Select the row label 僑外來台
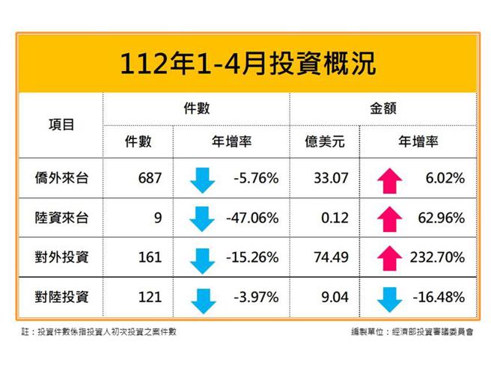[61, 178]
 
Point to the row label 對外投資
[61, 257]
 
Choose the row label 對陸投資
[61, 297]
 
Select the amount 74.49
[323, 257]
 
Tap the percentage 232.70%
[437, 257]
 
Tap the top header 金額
[382, 108]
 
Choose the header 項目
[61, 125]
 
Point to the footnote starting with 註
[98, 331]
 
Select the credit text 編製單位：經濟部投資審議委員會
[411, 331]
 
